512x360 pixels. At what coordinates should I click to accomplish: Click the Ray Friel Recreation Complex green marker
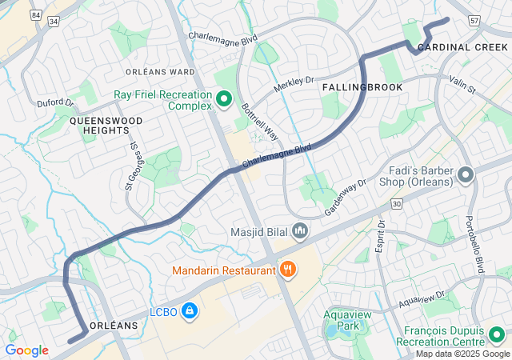(224, 100)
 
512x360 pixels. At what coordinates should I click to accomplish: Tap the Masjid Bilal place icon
(300, 232)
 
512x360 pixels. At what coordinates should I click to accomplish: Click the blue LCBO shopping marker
(189, 310)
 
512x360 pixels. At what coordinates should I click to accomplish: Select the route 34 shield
(54, 22)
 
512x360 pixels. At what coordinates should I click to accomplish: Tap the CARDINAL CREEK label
(463, 48)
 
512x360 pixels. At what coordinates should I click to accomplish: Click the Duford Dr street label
(55, 103)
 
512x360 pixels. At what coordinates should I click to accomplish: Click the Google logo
(26, 350)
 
